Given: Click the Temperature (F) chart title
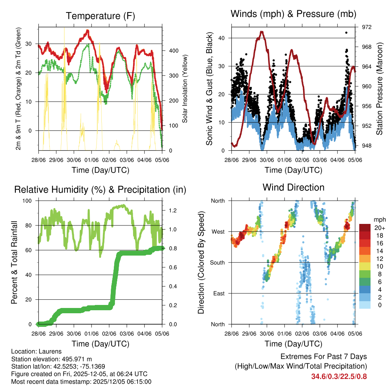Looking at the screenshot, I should (x=100, y=16).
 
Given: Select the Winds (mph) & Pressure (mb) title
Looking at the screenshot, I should (x=294, y=14).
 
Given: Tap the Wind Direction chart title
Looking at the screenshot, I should (x=294, y=187).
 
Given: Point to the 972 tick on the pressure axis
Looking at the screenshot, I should (x=367, y=27).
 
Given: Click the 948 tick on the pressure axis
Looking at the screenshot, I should (x=367, y=146).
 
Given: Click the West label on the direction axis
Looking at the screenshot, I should (x=218, y=231).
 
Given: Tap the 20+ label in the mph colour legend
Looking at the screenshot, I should (x=379, y=228).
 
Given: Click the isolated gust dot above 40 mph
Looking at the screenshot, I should (x=346, y=33).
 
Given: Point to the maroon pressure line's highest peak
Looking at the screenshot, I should (x=261, y=32).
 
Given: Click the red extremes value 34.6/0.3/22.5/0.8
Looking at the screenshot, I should (x=339, y=376).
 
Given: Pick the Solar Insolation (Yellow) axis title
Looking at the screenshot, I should (x=185, y=88).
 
